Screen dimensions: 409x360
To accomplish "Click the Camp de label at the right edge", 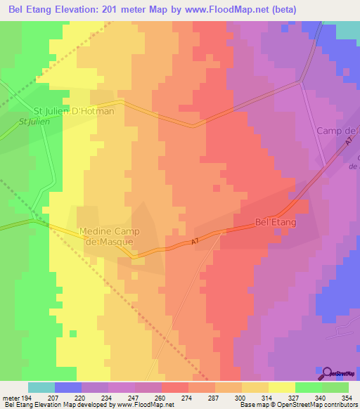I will tap(337, 131).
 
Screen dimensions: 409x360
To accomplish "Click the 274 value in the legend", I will tap(175, 398).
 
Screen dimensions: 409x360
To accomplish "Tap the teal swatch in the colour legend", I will tap(41, 387).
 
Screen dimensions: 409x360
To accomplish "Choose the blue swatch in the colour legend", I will tap(68, 387).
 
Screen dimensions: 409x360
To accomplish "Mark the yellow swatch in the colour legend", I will tap(282, 387).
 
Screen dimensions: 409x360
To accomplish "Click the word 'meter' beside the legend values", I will tap(10, 398).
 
